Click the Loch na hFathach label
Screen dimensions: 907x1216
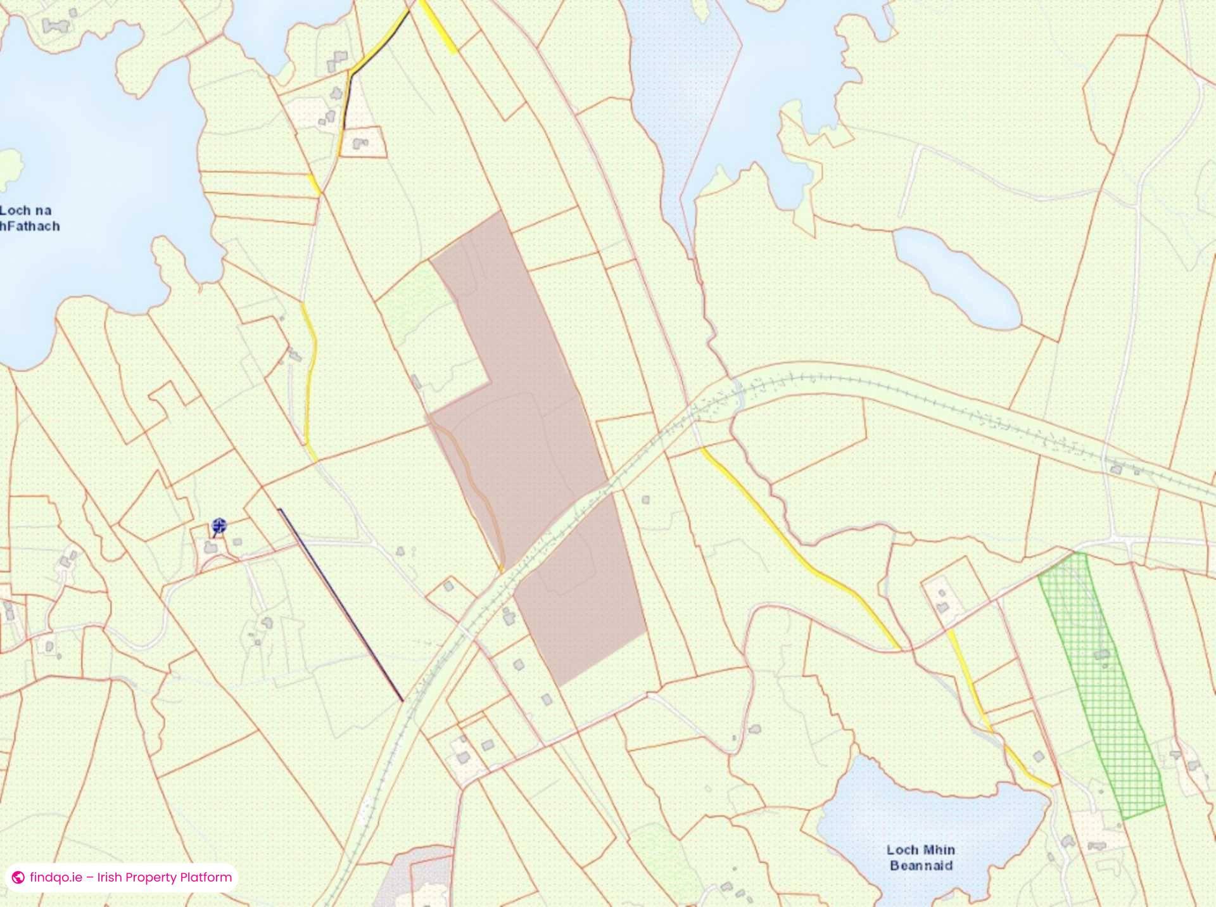point(29,218)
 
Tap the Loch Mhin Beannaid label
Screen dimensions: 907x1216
point(920,858)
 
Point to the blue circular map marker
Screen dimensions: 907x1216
point(219,525)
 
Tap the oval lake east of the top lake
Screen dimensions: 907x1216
point(956,279)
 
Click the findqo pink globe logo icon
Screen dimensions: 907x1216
point(18,878)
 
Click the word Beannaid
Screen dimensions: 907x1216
point(920,866)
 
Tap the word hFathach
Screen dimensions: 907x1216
point(30,226)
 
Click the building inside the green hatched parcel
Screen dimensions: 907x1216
point(1103,654)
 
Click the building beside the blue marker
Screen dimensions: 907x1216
point(209,547)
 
